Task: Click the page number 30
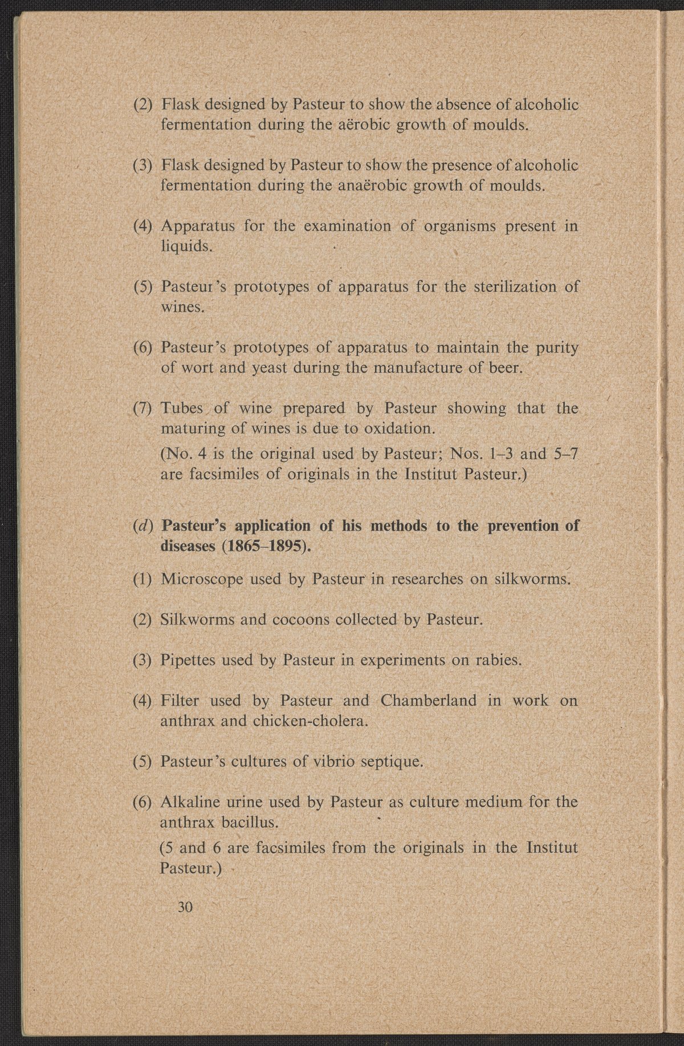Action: [x=186, y=907]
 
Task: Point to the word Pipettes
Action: [x=188, y=660]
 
